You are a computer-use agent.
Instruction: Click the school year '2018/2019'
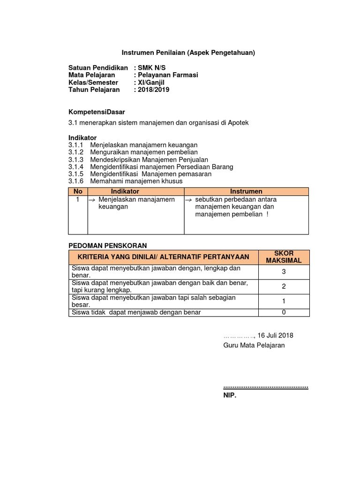pyautogui.click(x=153, y=90)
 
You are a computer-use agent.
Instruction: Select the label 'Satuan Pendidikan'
pyautogui.click(x=98, y=67)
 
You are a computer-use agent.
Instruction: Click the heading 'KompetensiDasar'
pyautogui.click(x=97, y=112)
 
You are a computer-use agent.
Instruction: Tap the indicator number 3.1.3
pyautogui.click(x=75, y=159)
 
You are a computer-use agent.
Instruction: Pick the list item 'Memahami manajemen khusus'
pyautogui.click(x=136, y=181)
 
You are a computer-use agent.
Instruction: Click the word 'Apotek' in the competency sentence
pyautogui.click(x=239, y=123)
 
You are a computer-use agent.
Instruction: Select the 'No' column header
pyautogui.click(x=78, y=191)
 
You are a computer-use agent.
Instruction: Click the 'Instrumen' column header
pyautogui.click(x=246, y=191)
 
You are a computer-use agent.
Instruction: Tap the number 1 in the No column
pyautogui.click(x=78, y=200)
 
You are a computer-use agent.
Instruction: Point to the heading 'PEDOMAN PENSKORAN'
pyautogui.click(x=108, y=245)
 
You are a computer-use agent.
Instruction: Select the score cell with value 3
pyautogui.click(x=283, y=272)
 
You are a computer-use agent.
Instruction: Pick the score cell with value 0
pyautogui.click(x=283, y=313)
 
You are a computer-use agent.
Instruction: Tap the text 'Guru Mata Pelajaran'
pyautogui.click(x=254, y=345)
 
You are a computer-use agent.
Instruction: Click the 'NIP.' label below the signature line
pyautogui.click(x=230, y=396)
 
